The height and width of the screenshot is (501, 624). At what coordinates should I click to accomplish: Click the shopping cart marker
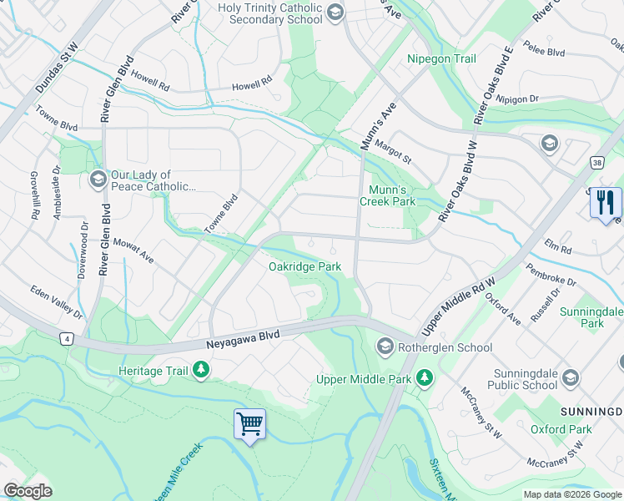[249, 425]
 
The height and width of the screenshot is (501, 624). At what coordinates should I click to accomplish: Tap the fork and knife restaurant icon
[606, 203]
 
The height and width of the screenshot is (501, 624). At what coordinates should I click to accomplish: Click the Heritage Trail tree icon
[200, 368]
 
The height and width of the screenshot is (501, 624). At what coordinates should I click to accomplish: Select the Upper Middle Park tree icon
[425, 378]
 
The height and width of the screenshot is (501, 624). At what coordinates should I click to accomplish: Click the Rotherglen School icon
[385, 346]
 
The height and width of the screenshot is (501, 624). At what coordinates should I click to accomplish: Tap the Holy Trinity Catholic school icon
[335, 11]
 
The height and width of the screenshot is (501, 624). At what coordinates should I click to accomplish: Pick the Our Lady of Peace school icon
[98, 180]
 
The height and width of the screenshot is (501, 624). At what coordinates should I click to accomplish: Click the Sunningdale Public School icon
[570, 378]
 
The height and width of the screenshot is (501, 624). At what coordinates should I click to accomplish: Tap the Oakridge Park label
[304, 266]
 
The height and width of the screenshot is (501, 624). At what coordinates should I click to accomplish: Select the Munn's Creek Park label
[387, 195]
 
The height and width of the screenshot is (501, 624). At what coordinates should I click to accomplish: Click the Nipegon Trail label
[441, 58]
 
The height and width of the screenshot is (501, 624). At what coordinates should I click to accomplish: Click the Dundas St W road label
[57, 68]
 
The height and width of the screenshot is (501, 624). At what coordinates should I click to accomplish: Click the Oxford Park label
[561, 429]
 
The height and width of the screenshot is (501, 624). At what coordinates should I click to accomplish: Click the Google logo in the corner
[28, 490]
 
